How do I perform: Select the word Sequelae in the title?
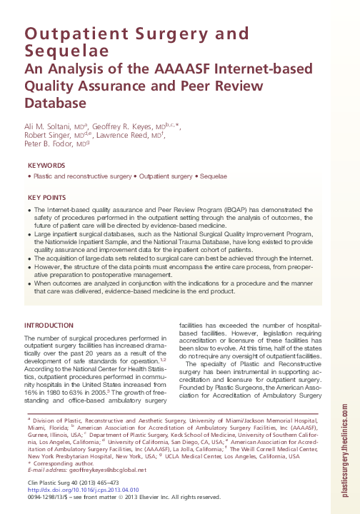(x=58, y=51)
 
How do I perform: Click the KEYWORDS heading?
(x=46, y=166)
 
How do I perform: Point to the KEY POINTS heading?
(x=47, y=197)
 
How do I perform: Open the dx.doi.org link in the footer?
(x=79, y=490)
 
